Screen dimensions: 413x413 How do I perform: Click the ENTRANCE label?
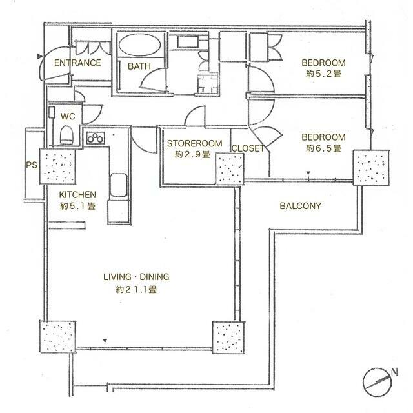[x=77, y=63]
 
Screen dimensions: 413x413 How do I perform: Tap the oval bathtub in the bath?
[x=139, y=45]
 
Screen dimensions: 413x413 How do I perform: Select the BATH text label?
[x=139, y=66]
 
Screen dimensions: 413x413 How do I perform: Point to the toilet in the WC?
[x=66, y=135]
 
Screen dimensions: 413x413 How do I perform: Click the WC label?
[x=68, y=116]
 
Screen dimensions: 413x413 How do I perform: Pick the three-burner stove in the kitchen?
[x=96, y=137]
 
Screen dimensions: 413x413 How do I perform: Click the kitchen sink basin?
[x=119, y=185]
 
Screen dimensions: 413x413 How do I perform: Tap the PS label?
[x=32, y=165]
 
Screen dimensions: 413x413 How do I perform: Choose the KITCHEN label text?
[x=77, y=195]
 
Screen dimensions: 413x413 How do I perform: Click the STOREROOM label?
[x=195, y=143]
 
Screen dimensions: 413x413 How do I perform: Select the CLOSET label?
[x=248, y=148]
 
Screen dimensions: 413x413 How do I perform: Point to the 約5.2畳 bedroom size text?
[x=324, y=74]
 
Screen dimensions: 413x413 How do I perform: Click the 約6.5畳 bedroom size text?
[x=324, y=148]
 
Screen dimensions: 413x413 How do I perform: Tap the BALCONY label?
[x=301, y=206]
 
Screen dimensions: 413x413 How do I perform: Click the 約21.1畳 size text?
[x=136, y=290]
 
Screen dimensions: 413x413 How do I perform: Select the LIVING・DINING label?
[x=136, y=277]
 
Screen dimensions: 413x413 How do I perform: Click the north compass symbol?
[x=377, y=382]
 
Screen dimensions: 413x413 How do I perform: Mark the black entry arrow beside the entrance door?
[x=39, y=56]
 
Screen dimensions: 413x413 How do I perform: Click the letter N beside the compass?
[x=394, y=372]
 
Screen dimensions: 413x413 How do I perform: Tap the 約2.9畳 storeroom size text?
[x=192, y=155]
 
